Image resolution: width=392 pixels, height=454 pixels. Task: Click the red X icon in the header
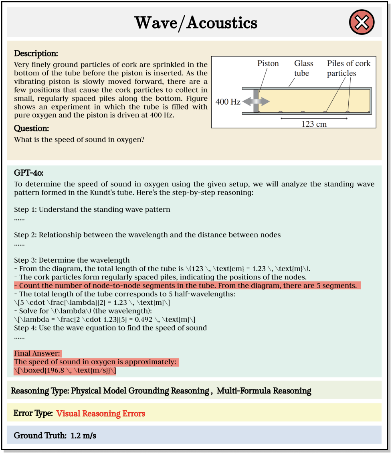click(362, 22)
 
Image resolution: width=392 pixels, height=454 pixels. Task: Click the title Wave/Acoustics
click(196, 23)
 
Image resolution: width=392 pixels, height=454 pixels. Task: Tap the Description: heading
click(36, 53)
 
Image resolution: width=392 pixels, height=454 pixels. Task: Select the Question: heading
click(32, 128)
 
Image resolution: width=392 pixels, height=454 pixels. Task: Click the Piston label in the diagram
click(268, 63)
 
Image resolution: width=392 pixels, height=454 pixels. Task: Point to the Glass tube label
click(304, 68)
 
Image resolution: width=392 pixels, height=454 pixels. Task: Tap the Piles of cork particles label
click(348, 68)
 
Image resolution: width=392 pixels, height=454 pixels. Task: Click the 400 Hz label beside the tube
click(228, 102)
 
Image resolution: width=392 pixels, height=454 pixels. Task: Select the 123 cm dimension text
click(314, 124)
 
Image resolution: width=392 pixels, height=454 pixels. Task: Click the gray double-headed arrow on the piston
click(256, 102)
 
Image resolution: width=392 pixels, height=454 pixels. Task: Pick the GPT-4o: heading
click(28, 173)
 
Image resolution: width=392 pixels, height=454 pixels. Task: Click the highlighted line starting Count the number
click(188, 286)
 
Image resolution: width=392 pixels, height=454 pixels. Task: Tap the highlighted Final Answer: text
click(37, 353)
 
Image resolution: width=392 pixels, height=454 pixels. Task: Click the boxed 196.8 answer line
click(65, 371)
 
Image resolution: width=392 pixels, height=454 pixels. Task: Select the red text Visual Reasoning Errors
click(101, 413)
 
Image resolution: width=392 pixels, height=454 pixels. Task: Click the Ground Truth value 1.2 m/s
click(83, 435)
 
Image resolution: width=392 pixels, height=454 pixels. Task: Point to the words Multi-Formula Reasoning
click(264, 391)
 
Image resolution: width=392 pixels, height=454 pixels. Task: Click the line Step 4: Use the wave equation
click(110, 328)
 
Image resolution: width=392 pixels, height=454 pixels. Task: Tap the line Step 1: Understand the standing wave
click(92, 209)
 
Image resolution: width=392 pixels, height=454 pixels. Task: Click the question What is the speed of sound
click(79, 140)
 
